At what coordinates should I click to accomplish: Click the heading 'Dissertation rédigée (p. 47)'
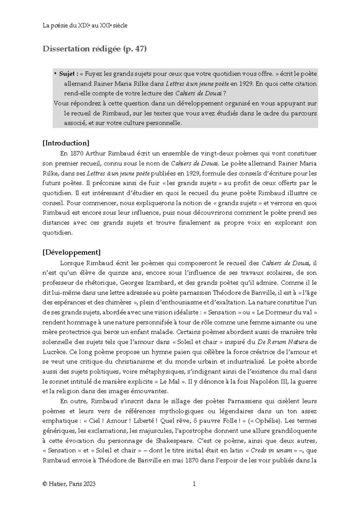pos(94,49)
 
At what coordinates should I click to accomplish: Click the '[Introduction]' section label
pos(66,143)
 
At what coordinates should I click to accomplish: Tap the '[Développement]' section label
pos(72,252)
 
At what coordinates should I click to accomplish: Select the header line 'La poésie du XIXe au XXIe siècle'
pos(85,26)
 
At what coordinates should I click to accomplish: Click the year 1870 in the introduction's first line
pos(77,154)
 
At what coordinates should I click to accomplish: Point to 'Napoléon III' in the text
pos(269,382)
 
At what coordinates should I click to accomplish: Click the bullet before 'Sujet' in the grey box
pos(55,74)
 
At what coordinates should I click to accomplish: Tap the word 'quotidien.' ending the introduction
pos(57,233)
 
